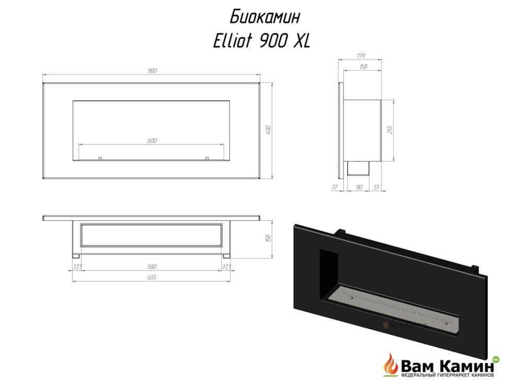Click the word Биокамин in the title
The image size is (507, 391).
coord(265,17)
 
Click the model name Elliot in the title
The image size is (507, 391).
coord(232,41)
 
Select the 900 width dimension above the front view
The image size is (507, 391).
coord(152,70)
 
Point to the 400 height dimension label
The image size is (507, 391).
coord(268,130)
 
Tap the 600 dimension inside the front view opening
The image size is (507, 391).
coord(152,140)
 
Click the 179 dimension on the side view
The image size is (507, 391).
coord(361,55)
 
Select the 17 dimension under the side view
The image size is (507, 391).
coord(335,187)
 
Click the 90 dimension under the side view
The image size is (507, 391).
coord(359,187)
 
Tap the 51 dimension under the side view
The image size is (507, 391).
coord(376,187)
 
